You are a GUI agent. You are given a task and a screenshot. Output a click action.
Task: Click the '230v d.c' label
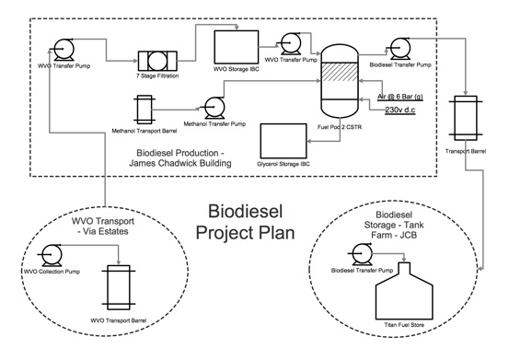coord(401,110)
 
